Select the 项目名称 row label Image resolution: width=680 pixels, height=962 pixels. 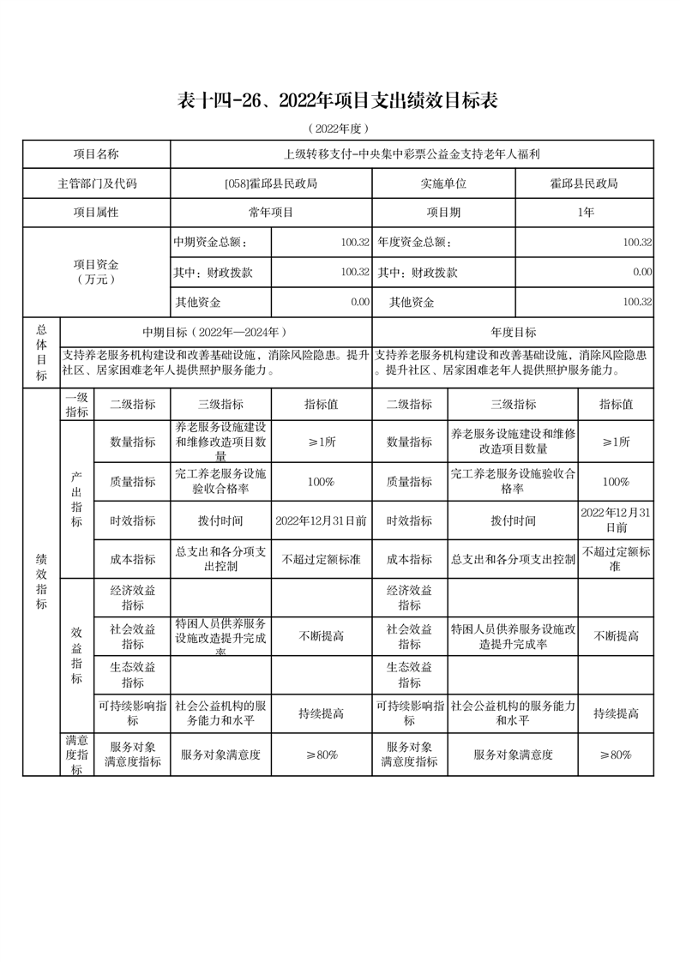[x=96, y=154]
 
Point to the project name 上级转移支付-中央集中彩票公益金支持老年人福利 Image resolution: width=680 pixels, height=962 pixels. [x=412, y=154]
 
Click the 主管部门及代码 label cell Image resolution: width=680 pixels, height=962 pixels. [x=96, y=183]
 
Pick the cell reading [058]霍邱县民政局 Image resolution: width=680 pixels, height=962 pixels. [x=271, y=183]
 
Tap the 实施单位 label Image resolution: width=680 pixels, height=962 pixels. [x=443, y=183]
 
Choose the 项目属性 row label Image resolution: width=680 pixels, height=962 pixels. [x=96, y=212]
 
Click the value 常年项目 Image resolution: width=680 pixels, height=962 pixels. [x=271, y=212]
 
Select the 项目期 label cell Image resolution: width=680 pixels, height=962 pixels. [x=443, y=212]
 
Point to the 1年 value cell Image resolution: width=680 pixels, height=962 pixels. [x=586, y=212]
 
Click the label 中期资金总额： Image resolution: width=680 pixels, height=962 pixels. [x=211, y=243]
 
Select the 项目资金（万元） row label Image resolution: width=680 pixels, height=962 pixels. [x=96, y=272]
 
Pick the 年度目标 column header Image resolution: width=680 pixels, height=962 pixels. [x=513, y=332]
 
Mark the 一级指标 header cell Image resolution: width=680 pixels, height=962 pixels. [x=77, y=405]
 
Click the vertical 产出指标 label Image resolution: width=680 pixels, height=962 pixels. [x=77, y=500]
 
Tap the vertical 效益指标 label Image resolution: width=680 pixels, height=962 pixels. [x=77, y=655]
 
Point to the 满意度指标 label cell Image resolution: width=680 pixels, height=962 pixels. [x=77, y=755]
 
